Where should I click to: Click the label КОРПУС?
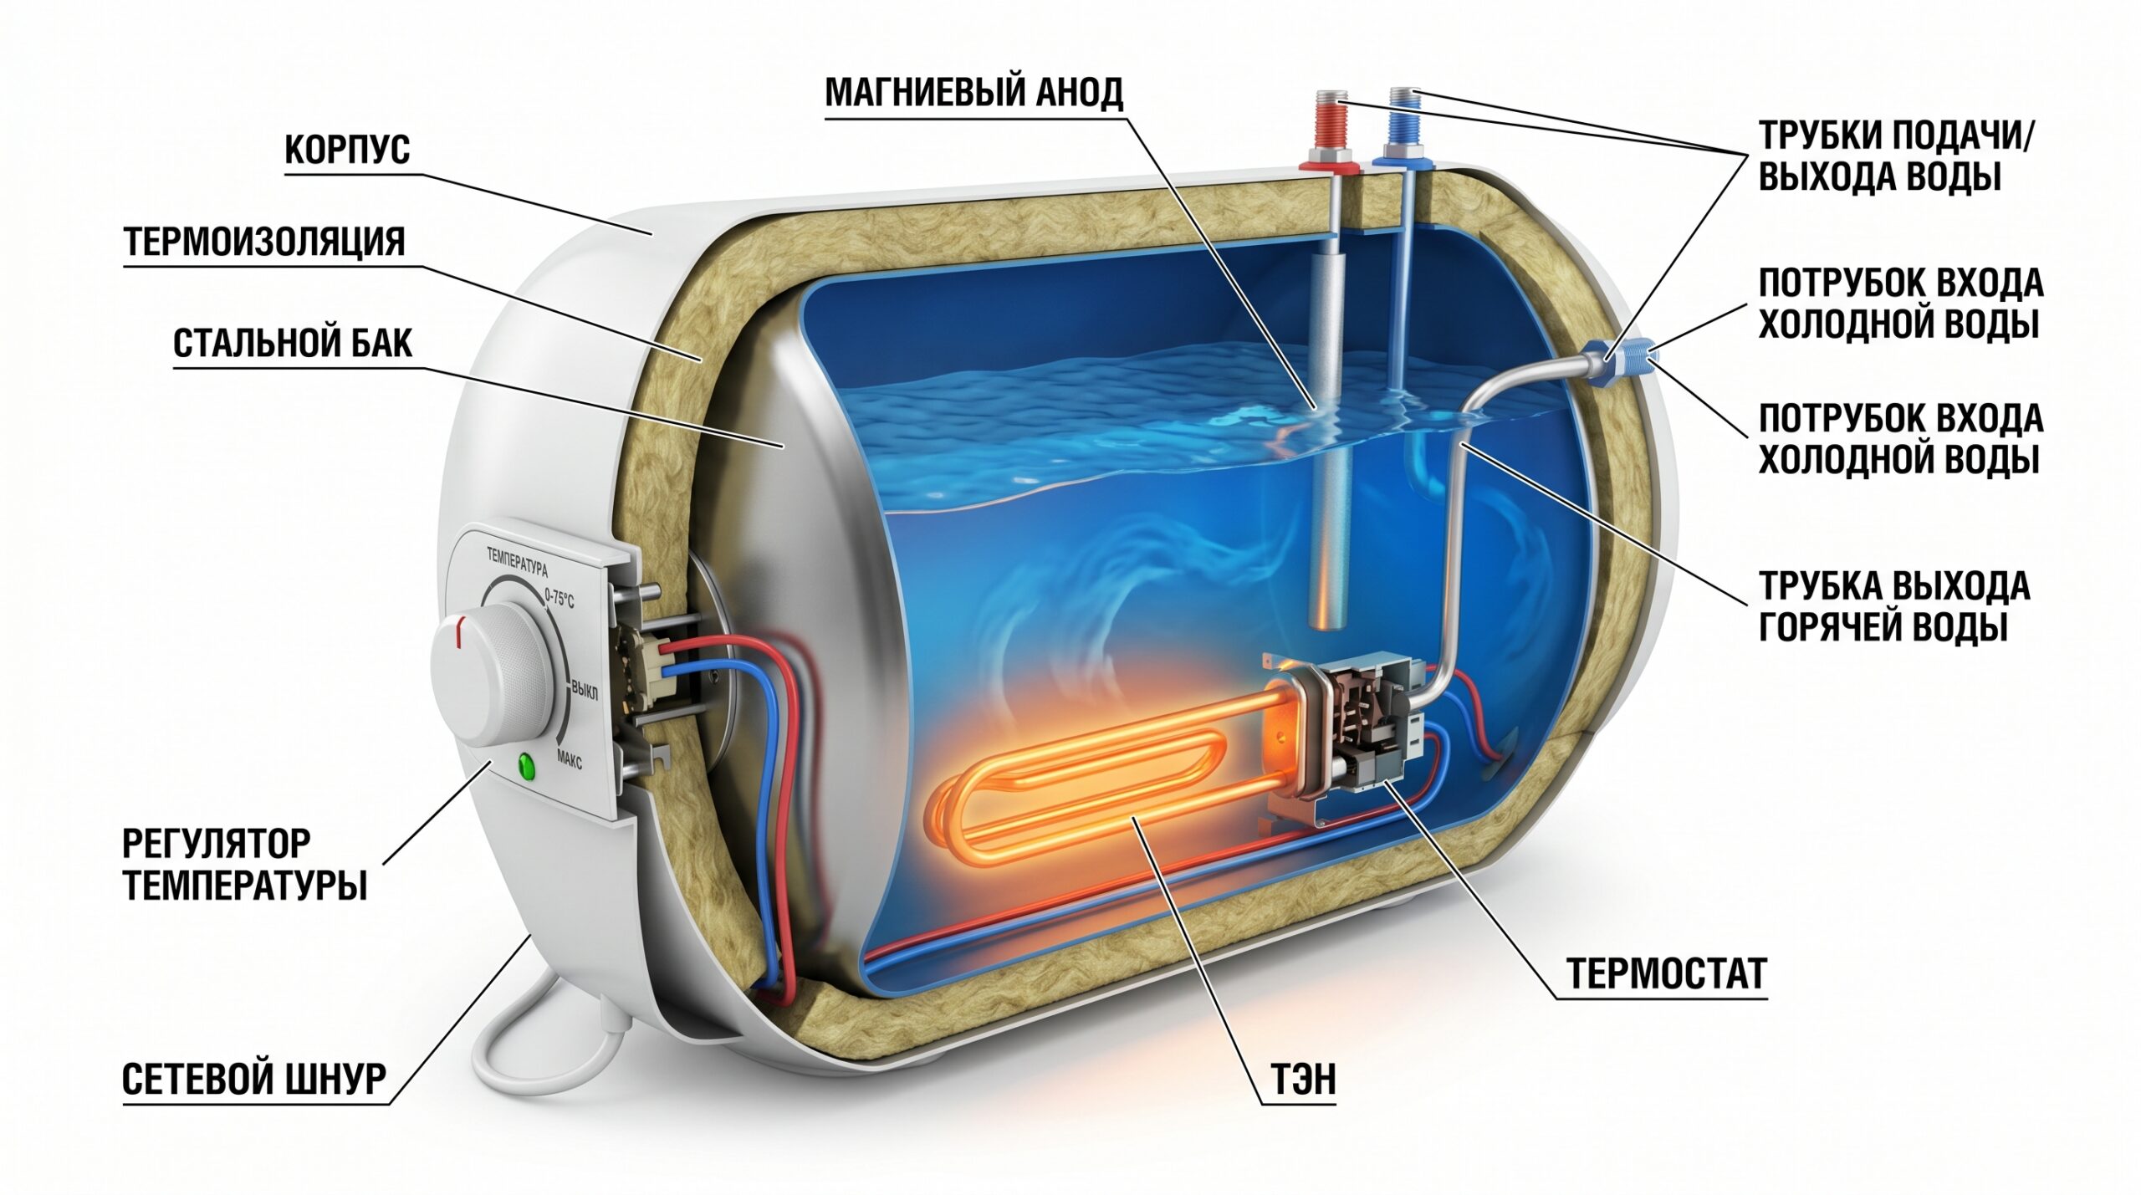[347, 151]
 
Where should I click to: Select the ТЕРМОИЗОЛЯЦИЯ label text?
[264, 243]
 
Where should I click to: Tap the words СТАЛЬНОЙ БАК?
[293, 344]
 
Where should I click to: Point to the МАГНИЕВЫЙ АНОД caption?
[973, 93]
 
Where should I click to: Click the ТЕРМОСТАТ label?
[1666, 973]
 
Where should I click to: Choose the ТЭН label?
[1303, 1080]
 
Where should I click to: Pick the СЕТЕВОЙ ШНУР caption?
[254, 1080]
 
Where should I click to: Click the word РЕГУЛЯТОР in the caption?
[217, 844]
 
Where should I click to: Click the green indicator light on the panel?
[526, 765]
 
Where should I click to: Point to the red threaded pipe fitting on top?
[1331, 134]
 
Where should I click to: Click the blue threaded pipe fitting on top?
[1401, 130]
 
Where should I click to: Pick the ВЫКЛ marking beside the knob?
[585, 691]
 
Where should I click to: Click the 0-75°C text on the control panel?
[560, 597]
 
